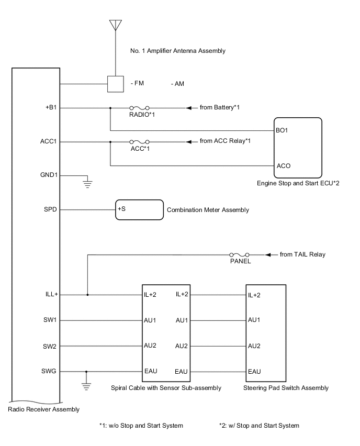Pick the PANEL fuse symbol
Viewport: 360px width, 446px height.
pos(239,255)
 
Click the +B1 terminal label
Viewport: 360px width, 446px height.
pos(51,108)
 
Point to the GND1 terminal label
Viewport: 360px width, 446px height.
pos(50,175)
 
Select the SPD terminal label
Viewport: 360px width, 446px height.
pos(51,209)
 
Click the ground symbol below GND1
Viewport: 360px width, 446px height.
pos(87,183)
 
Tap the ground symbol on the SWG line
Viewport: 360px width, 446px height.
pos(87,386)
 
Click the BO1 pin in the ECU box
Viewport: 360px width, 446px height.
pos(282,130)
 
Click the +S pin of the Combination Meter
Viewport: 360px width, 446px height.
pos(121,209)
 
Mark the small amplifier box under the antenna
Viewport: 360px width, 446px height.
pos(115,84)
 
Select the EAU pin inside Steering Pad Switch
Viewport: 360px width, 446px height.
pos(254,372)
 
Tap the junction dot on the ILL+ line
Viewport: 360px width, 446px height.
pos(87,295)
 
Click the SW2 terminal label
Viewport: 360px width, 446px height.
pos(51,346)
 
